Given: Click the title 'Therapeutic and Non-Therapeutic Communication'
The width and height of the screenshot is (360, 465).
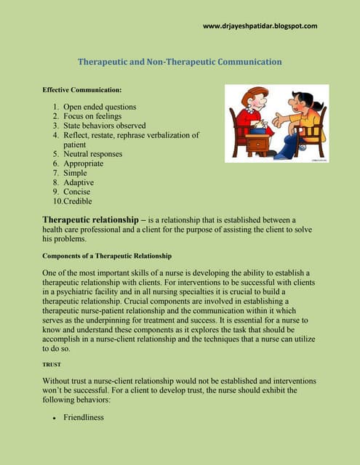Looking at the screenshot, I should (x=180, y=62).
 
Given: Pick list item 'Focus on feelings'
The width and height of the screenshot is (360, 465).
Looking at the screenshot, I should (x=92, y=116).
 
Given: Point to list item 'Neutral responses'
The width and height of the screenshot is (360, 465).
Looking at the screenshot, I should (x=92, y=154).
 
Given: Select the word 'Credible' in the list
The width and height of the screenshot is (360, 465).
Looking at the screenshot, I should (x=78, y=201).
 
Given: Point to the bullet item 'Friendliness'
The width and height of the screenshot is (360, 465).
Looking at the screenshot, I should (x=84, y=417).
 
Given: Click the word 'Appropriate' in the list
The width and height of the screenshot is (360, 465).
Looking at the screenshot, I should (x=83, y=163).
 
